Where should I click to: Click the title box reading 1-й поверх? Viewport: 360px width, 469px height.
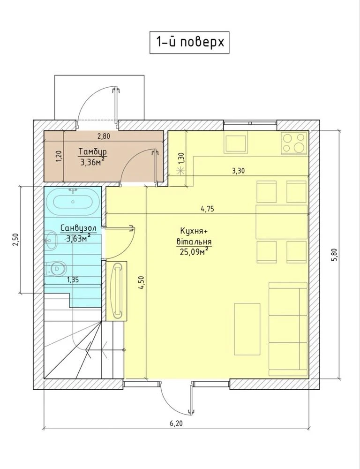189,43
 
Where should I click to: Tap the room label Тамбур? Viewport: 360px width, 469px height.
93,151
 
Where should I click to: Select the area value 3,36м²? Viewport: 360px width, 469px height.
93,162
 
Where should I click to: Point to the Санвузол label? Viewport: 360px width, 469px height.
78,228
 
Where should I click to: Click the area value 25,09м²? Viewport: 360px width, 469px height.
194,251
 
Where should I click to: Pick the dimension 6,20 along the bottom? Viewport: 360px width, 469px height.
176,423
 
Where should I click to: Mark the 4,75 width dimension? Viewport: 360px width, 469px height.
207,209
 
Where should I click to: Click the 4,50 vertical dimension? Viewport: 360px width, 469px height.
142,282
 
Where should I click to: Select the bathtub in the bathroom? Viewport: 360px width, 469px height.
73,202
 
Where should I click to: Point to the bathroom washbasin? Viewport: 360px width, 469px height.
52,240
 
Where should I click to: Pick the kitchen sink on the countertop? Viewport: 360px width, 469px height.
236,144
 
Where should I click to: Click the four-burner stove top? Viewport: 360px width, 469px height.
294,143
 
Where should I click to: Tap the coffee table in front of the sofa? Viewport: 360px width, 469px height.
247,329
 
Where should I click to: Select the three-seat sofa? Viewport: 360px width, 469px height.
288,329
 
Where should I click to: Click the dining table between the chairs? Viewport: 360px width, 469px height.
282,222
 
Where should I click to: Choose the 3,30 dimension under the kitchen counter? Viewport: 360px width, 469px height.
238,171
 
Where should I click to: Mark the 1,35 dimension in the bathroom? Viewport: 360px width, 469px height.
73,280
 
